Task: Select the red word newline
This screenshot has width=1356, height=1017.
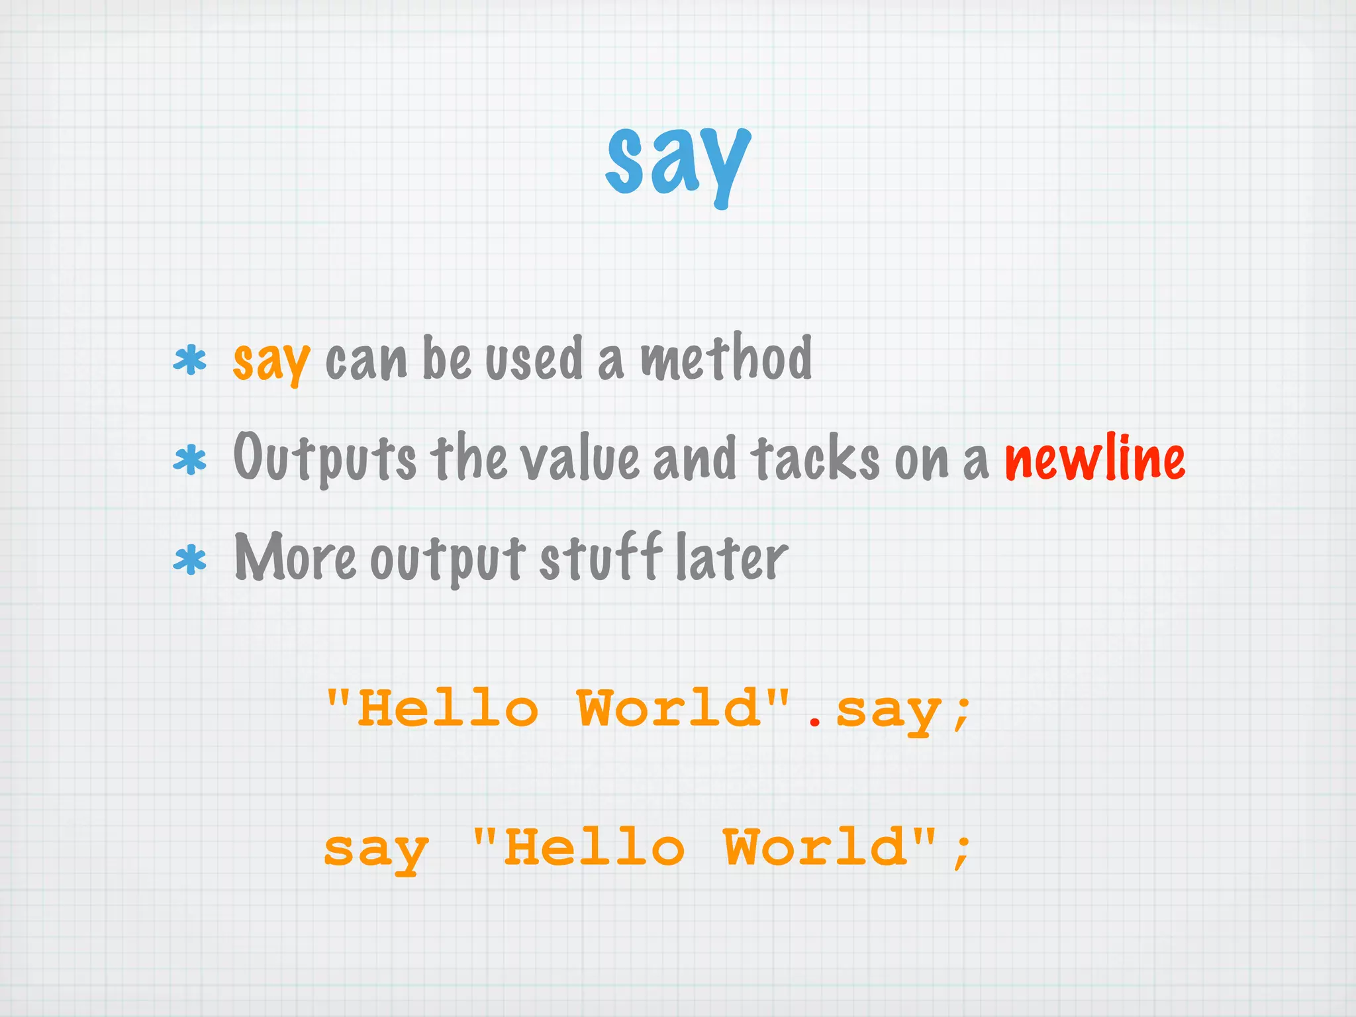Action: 1094,458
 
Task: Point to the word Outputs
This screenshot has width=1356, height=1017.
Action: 324,459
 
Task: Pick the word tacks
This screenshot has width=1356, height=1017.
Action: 815,458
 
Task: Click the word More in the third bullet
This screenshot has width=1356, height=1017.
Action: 295,558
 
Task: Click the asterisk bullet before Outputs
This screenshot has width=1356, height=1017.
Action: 190,460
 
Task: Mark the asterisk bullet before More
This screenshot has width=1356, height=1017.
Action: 190,560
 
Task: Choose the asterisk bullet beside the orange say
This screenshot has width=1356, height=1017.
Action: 190,361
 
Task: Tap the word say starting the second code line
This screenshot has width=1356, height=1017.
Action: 376,850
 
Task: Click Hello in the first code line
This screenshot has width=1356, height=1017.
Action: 448,708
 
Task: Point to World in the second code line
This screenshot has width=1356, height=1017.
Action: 816,847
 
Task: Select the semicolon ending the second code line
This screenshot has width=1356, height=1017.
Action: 961,851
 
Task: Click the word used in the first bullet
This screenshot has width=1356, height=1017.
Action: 534,360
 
